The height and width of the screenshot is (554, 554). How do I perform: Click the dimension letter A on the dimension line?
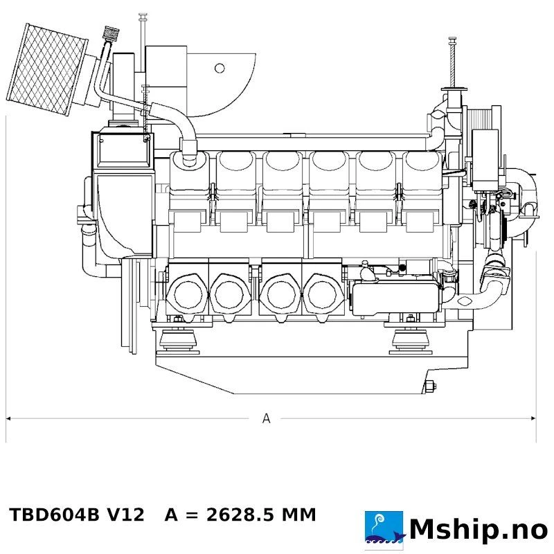click(266, 418)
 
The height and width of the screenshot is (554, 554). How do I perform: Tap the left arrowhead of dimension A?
click(8, 419)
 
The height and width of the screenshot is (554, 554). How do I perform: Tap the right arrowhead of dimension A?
click(533, 419)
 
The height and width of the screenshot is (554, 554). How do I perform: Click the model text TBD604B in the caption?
click(55, 515)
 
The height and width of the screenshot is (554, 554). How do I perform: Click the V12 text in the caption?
click(126, 515)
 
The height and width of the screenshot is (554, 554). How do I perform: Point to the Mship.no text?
click(479, 530)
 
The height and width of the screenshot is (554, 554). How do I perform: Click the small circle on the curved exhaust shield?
click(220, 68)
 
